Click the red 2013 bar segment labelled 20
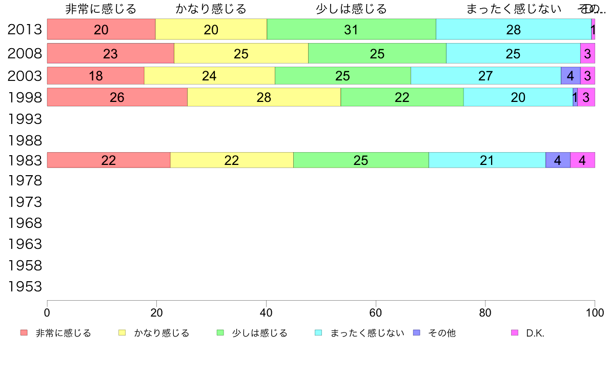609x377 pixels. point(101,30)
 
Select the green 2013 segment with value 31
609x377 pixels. point(351,30)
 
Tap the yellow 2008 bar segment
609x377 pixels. point(241,54)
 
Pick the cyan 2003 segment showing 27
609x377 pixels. point(485,76)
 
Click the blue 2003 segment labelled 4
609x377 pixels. point(571,76)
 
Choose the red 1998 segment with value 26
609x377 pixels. point(117,97)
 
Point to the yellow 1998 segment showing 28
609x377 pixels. point(263,97)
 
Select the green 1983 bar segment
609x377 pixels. point(361,160)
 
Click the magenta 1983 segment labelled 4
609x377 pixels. point(582,160)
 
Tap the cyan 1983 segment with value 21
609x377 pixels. point(487,160)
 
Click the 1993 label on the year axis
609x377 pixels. point(25,119)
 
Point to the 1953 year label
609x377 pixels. point(25,287)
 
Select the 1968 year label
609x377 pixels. point(25,223)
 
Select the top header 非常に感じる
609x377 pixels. point(101,9)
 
